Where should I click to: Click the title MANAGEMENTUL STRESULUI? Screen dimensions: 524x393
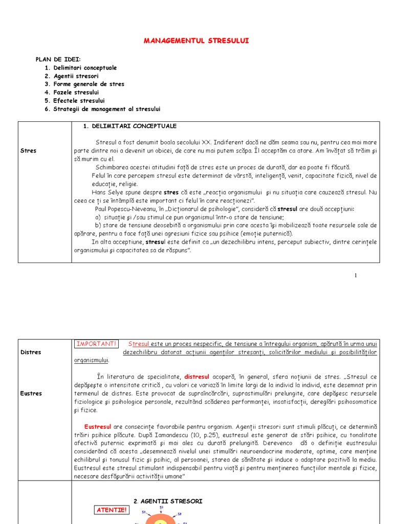point(196,40)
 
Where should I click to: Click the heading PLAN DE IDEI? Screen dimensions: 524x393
point(58,59)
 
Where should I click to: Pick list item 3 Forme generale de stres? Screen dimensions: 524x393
point(84,84)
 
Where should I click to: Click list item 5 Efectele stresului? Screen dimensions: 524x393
point(74,101)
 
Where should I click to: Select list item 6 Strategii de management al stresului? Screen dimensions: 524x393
point(102,109)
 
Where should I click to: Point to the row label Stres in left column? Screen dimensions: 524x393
point(28,151)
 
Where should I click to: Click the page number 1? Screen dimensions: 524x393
point(356,275)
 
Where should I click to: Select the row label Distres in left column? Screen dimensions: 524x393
point(31,352)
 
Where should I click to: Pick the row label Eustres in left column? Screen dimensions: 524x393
point(31,394)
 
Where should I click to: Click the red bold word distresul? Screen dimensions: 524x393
point(197,377)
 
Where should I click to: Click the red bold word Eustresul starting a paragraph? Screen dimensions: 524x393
point(98,426)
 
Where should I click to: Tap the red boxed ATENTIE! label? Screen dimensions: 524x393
point(112,510)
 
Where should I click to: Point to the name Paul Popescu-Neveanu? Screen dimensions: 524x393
point(126,209)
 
